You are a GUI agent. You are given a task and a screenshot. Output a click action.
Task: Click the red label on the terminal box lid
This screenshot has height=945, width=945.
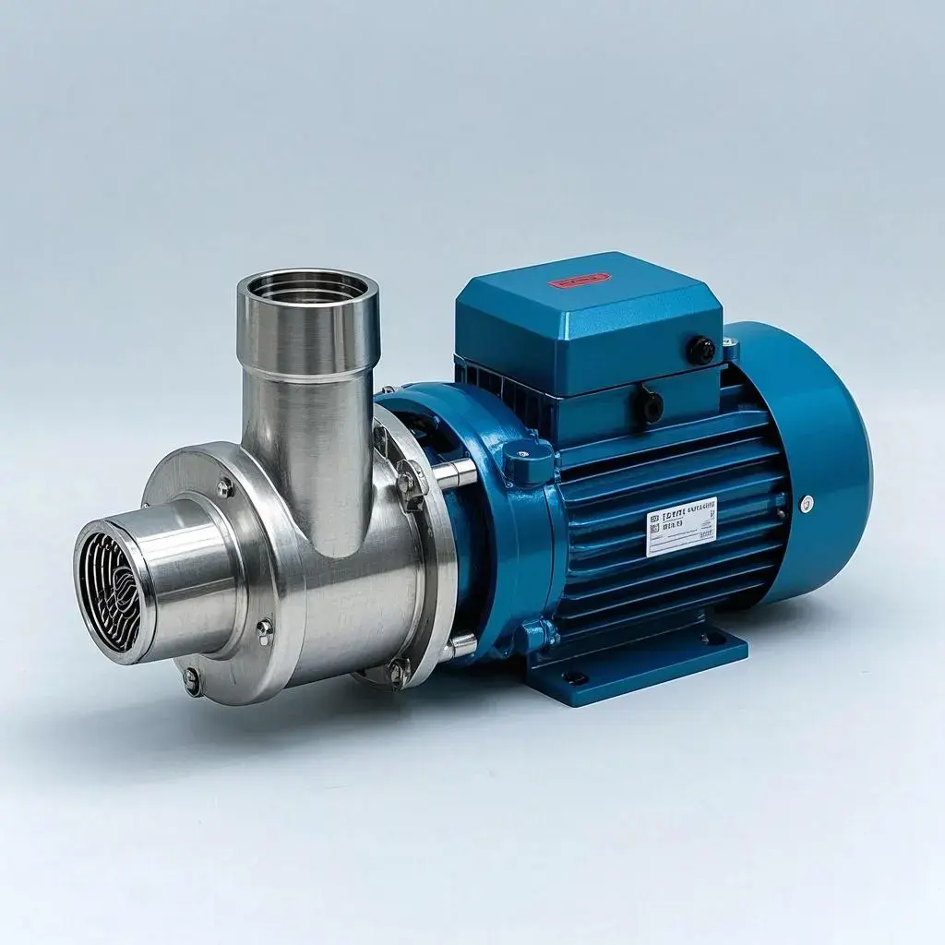[579, 280]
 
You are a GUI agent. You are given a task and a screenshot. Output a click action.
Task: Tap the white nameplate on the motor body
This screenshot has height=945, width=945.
[681, 526]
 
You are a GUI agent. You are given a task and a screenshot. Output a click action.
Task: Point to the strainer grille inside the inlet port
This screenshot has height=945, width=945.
[110, 592]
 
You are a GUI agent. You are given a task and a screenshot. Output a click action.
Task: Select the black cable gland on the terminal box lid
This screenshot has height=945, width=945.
[700, 350]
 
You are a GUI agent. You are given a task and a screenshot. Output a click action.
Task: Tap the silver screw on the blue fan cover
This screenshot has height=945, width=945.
[807, 503]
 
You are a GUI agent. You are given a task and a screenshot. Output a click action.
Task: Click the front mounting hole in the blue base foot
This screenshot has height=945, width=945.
[575, 677]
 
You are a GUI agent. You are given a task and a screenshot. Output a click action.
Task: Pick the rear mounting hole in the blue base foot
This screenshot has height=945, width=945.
[712, 638]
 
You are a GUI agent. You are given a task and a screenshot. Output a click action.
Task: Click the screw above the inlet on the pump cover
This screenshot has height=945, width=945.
[224, 487]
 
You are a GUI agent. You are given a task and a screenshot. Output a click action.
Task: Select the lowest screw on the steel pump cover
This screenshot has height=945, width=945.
[191, 682]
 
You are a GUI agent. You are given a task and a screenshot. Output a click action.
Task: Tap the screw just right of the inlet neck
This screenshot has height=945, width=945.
[264, 629]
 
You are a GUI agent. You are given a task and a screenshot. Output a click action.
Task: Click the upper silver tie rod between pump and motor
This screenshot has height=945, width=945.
[454, 474]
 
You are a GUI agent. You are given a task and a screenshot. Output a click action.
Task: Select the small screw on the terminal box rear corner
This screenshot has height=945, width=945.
[730, 346]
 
